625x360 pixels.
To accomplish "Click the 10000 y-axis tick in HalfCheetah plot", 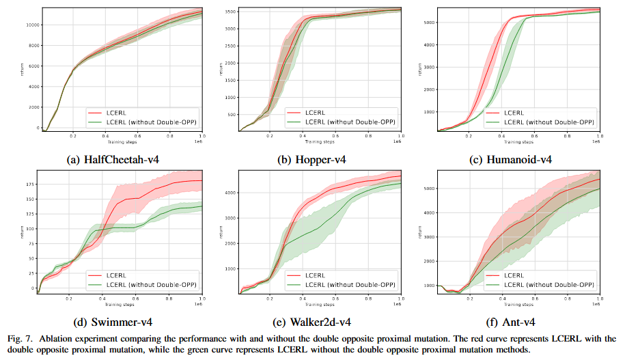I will click(31, 24).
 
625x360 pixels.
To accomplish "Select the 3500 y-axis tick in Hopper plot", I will click(232, 12).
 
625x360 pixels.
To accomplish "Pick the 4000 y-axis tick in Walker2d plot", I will click(230, 193).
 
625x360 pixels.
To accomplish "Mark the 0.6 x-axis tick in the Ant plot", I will click(535, 299).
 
